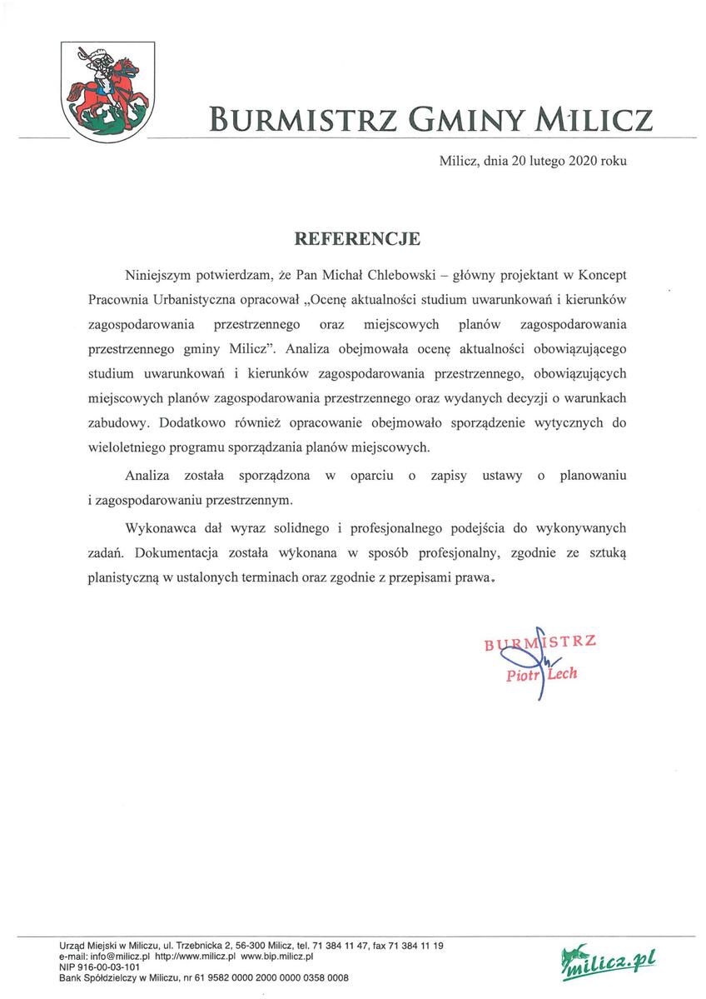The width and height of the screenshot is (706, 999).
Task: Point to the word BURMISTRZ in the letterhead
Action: [307, 118]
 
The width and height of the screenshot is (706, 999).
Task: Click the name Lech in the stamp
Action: [562, 673]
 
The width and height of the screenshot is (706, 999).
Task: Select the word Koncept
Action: [602, 274]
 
